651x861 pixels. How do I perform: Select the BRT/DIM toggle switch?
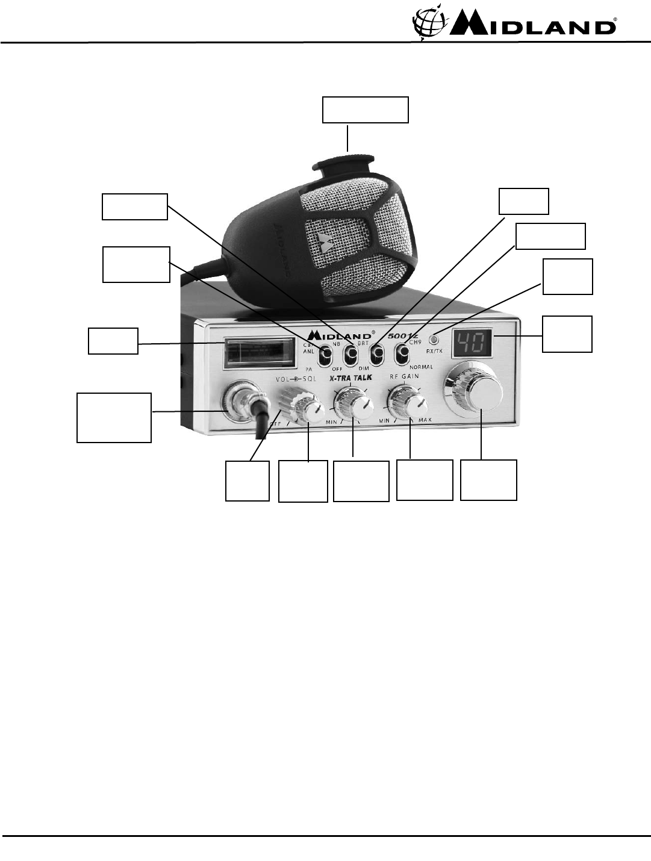376,354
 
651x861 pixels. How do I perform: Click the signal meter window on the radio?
259,353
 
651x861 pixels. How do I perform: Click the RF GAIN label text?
403,376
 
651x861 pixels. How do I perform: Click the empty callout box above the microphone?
366,110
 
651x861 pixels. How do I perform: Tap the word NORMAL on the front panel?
421,366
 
